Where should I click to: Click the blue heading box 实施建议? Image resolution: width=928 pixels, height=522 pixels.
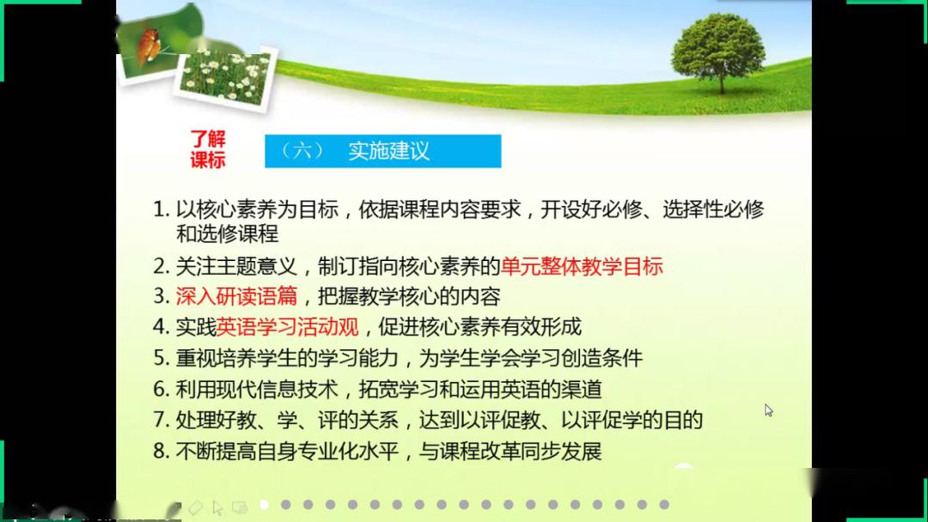pyautogui.click(x=382, y=151)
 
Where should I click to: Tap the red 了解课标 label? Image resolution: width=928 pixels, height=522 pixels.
pyautogui.click(x=207, y=149)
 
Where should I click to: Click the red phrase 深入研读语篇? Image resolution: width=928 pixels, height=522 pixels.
pyautogui.click(x=236, y=296)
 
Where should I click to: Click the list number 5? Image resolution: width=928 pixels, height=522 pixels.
pyautogui.click(x=160, y=358)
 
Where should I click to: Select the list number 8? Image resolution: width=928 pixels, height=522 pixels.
pyautogui.click(x=160, y=451)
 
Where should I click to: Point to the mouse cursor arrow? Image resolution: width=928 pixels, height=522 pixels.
pyautogui.click(x=768, y=410)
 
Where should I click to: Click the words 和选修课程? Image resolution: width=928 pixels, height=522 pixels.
pyautogui.click(x=227, y=233)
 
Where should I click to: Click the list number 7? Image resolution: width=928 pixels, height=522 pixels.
pyautogui.click(x=160, y=420)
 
